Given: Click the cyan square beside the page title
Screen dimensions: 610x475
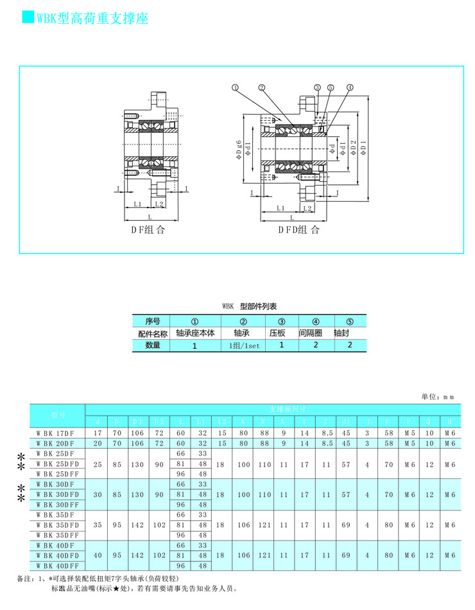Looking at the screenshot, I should coord(28,17).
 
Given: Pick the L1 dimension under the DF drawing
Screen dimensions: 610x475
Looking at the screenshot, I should coord(137,204).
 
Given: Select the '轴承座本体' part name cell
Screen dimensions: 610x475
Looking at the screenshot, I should coord(194,333).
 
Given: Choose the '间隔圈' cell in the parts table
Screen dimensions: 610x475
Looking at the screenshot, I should coord(315,333).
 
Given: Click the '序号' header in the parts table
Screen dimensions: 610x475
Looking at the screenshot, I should coord(152,321).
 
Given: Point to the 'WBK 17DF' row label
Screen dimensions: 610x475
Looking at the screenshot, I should coord(56,433).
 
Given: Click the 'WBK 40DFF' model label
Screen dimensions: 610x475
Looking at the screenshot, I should coord(57,566).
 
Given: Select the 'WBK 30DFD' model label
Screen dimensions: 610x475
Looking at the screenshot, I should coord(57,494).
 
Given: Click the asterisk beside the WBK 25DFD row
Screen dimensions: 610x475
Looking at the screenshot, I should coord(21,464).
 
